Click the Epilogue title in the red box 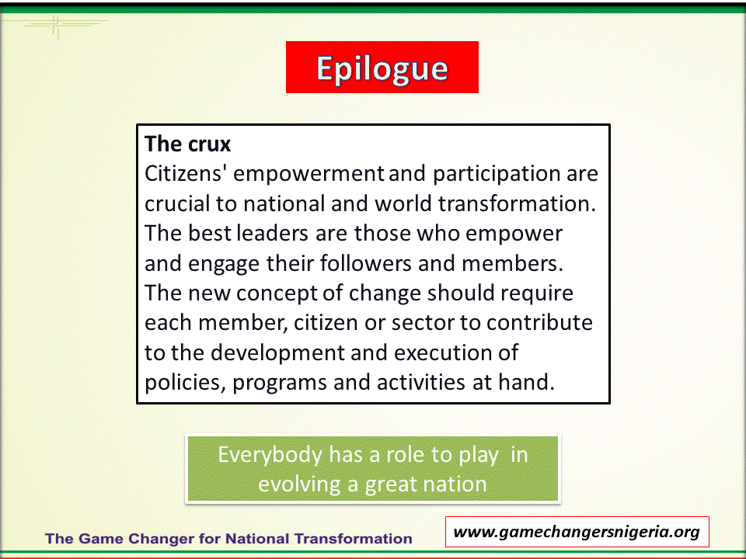(x=382, y=69)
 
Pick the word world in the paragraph (x=403, y=204)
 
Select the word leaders (x=273, y=234)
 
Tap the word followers (x=365, y=263)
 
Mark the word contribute (x=539, y=323)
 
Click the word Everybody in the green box (x=270, y=456)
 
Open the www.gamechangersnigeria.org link (x=577, y=532)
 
